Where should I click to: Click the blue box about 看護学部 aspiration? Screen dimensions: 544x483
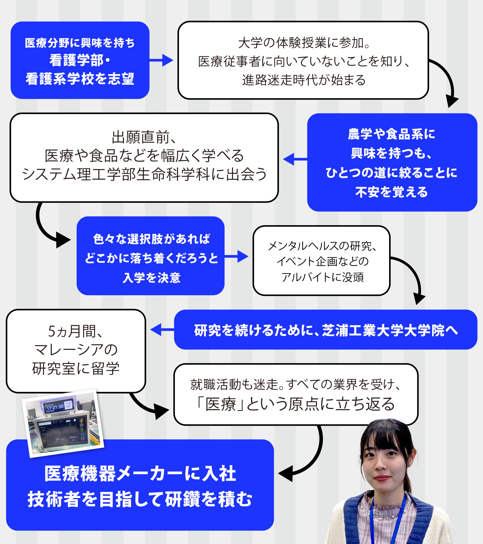point(80,60)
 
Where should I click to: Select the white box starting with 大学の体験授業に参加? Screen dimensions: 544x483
point(303,60)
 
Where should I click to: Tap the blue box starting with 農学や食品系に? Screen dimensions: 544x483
point(392,163)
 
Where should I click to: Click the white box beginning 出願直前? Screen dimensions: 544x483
point(144,158)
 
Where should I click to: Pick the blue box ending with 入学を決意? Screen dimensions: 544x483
point(150,256)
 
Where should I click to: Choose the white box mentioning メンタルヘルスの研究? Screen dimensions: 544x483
point(321,261)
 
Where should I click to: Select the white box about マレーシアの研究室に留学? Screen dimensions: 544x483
point(76,350)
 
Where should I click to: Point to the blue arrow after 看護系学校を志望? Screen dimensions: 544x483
point(162,60)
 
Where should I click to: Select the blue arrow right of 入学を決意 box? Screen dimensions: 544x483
point(237,256)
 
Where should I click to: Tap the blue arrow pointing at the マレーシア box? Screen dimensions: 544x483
point(161,330)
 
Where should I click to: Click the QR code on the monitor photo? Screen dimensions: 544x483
point(68,405)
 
